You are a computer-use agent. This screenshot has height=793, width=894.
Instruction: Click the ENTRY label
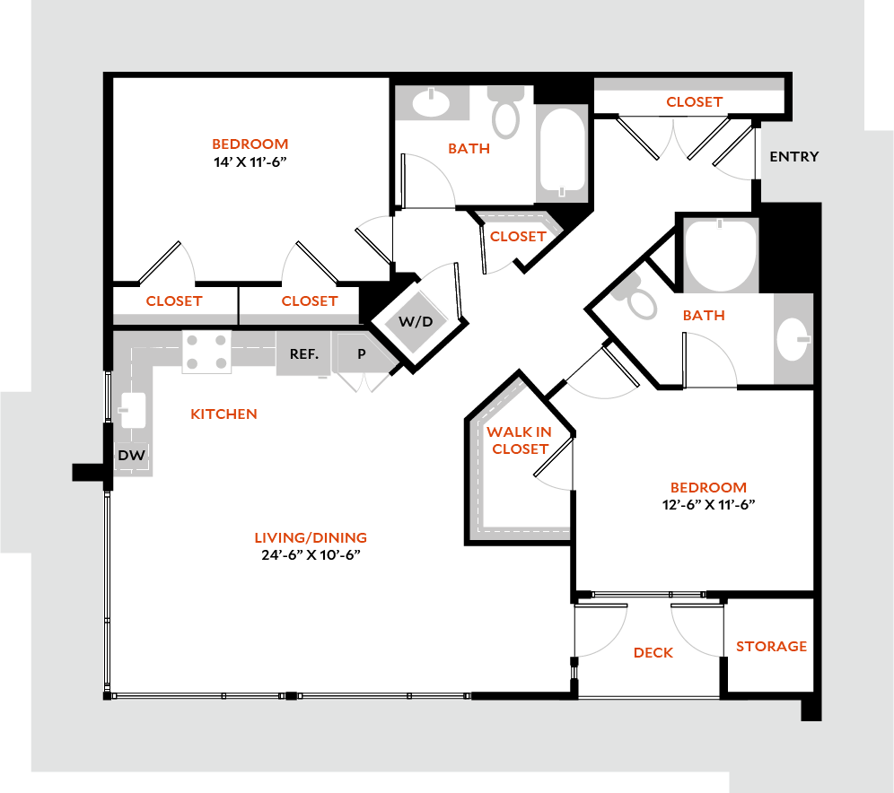coord(794,157)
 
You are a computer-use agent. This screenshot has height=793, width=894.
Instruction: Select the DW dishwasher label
coord(131,457)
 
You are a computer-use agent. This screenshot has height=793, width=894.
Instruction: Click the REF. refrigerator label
coord(303,354)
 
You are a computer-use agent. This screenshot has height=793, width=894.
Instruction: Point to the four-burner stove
coord(206,352)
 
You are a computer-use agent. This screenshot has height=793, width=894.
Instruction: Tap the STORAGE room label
coord(771,646)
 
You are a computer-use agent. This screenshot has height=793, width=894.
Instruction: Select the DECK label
coord(653,652)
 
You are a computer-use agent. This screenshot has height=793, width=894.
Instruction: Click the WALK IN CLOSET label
coord(520,440)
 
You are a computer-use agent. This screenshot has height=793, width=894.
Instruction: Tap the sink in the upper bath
coord(432,102)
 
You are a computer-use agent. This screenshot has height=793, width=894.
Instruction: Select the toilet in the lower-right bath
coord(638,299)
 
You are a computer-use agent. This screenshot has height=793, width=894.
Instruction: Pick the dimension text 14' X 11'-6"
coord(250,162)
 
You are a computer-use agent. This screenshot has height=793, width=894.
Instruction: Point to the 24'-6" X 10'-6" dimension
coord(311,554)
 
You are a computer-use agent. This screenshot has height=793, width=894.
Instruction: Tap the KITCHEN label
coord(223,414)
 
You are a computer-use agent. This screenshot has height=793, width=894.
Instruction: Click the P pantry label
coord(362,354)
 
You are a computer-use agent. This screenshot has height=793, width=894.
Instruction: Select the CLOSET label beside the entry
coord(694,102)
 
